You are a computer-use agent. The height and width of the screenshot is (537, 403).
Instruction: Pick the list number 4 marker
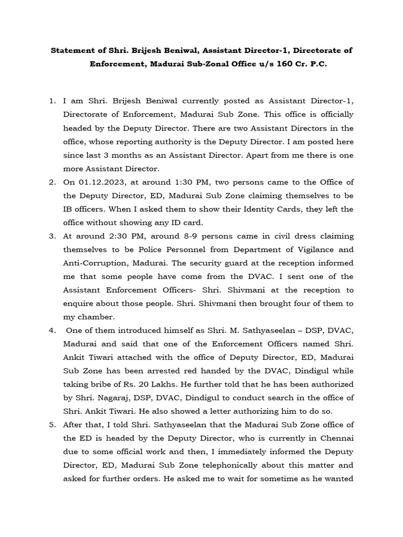tap(52, 331)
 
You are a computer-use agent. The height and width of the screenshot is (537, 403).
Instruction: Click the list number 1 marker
tap(52, 101)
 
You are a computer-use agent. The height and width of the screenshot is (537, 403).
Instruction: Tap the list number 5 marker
tap(52, 424)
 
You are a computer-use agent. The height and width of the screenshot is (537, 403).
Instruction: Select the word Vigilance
tap(311, 250)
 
